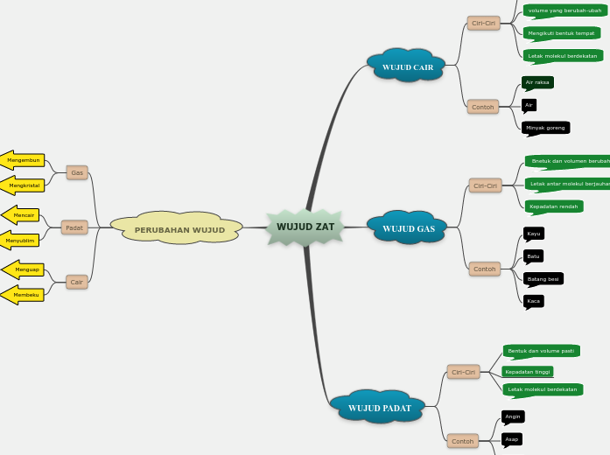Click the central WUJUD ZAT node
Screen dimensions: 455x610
[305, 227]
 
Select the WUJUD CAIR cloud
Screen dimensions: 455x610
[407, 66]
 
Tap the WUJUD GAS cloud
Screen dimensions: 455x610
[408, 228]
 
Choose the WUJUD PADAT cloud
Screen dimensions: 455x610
[379, 408]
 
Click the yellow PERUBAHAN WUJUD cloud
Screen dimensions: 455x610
[179, 230]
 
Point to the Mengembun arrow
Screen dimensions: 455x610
[23, 160]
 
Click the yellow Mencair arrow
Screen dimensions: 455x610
[23, 214]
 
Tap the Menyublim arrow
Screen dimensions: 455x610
[21, 240]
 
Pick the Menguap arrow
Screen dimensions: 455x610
[25, 269]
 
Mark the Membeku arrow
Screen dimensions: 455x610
[25, 295]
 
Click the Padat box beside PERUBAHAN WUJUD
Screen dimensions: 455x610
[74, 228]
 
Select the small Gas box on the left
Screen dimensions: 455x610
[77, 172]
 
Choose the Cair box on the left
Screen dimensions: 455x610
[77, 282]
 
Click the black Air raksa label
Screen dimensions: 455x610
[537, 82]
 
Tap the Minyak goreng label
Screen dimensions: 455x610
[545, 128]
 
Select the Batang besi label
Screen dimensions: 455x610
[543, 279]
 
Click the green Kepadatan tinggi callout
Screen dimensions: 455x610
[529, 372]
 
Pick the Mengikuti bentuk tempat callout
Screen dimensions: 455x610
[561, 33]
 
